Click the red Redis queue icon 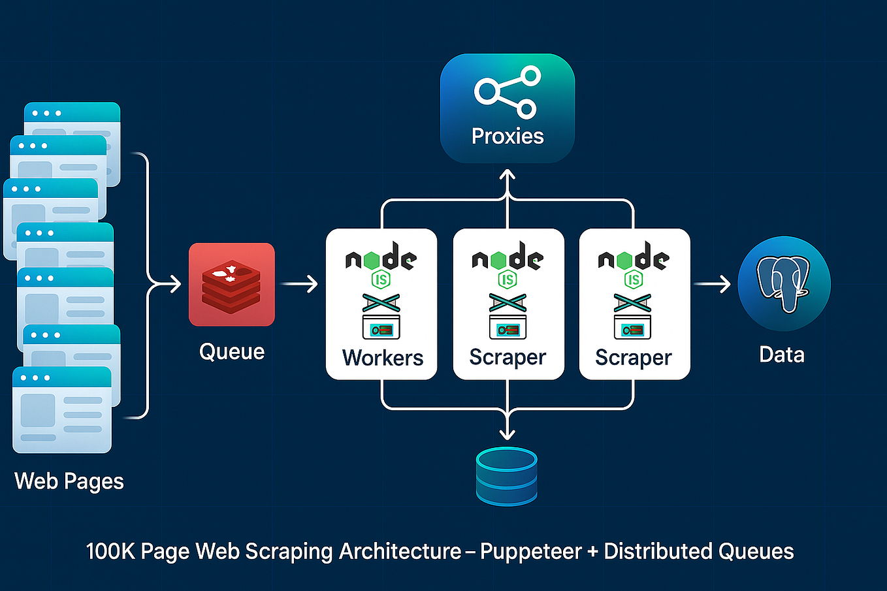pyautogui.click(x=231, y=284)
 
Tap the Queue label pyautogui.click(x=232, y=352)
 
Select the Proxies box pyautogui.click(x=508, y=108)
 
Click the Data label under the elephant pyautogui.click(x=782, y=355)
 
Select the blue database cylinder pyautogui.click(x=507, y=476)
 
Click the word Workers pyautogui.click(x=383, y=358)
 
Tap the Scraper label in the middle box pyautogui.click(x=508, y=357)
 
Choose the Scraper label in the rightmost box pyautogui.click(x=634, y=358)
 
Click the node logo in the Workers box pyautogui.click(x=381, y=259)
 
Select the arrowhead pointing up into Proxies pyautogui.click(x=508, y=175)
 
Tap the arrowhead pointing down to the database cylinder pyautogui.click(x=508, y=434)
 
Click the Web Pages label pyautogui.click(x=69, y=481)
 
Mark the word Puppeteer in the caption pyautogui.click(x=530, y=552)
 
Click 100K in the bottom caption pyautogui.click(x=110, y=552)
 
